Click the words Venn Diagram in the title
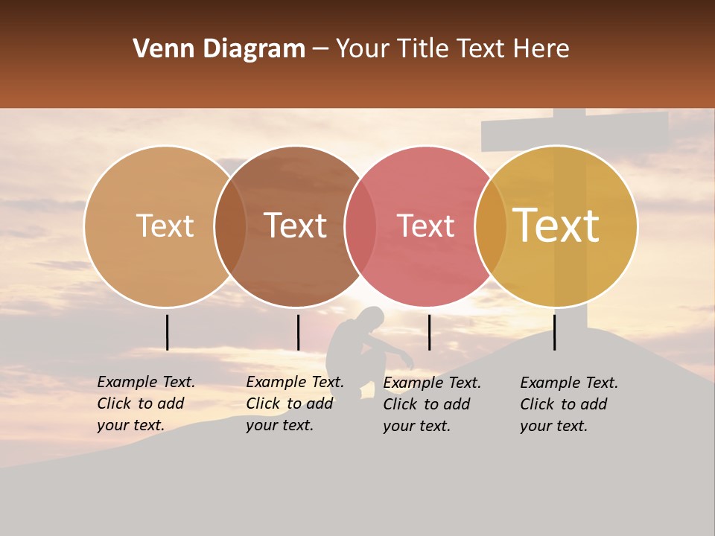219,49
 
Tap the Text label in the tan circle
165,226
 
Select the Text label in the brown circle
295,226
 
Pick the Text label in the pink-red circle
425,226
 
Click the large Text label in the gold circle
556,226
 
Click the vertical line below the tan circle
167,332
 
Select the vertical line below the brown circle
298,332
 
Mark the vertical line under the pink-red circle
429,332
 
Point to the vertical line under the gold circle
554,332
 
